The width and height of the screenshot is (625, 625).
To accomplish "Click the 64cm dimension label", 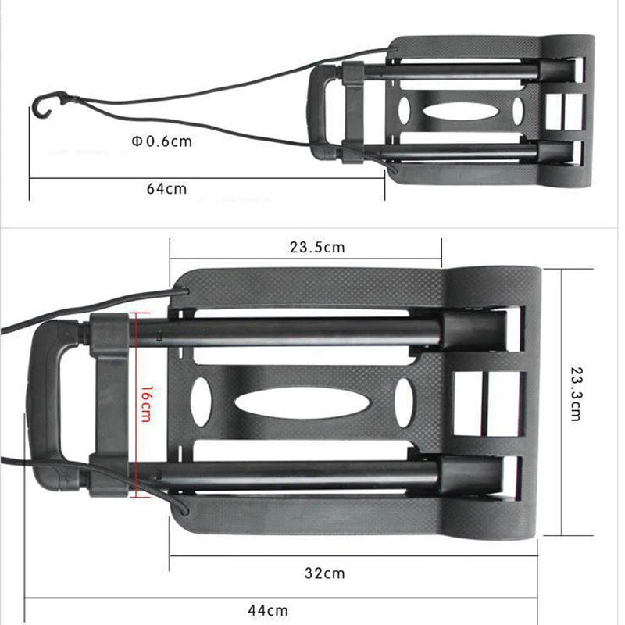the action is (x=166, y=188).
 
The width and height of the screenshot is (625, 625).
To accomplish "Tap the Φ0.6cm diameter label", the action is (x=162, y=141).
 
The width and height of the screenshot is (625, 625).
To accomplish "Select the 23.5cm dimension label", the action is (x=317, y=247).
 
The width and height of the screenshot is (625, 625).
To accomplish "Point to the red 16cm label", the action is (x=146, y=404).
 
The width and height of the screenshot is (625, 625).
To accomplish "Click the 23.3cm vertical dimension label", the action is (x=577, y=394).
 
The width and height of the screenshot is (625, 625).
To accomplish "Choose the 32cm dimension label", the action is (x=325, y=573).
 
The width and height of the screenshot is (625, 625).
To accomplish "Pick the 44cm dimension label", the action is (x=268, y=610).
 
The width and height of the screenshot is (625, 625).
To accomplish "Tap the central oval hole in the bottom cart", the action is (x=302, y=403).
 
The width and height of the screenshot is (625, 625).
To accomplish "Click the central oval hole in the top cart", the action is (x=460, y=112).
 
